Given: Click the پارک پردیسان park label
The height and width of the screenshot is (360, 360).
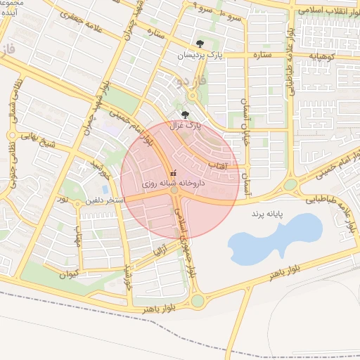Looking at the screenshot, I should [x=194, y=55].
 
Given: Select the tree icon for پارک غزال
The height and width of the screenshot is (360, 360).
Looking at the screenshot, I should [x=186, y=115].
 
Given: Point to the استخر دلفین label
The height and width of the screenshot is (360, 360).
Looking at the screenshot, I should [x=105, y=200].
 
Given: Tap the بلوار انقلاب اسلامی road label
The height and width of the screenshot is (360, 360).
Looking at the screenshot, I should [x=324, y=12].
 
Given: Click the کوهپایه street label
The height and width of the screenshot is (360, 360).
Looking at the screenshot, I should [x=326, y=55].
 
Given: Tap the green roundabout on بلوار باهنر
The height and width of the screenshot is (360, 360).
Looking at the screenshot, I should [x=198, y=301].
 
